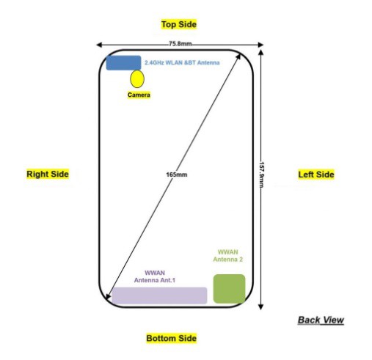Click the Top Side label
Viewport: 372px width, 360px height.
[179, 24]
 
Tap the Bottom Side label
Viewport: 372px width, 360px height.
[172, 338]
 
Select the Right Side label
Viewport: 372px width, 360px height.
[48, 174]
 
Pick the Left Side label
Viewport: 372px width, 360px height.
[316, 175]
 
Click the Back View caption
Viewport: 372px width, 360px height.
[321, 320]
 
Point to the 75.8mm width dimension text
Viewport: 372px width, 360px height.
[180, 44]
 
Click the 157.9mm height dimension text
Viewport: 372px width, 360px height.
[261, 175]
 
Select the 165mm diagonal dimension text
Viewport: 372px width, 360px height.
[177, 175]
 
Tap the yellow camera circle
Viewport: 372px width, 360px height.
[137, 78]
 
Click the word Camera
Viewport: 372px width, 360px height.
[139, 95]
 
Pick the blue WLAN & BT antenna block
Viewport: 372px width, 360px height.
[123, 63]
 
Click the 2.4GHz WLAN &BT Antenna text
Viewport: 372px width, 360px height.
[182, 62]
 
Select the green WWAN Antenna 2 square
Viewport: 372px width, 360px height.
[229, 289]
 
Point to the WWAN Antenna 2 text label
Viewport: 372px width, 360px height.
[228, 256]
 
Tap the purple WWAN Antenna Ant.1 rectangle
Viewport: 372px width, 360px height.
[159, 295]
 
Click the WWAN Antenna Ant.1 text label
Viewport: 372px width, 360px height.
[155, 276]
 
